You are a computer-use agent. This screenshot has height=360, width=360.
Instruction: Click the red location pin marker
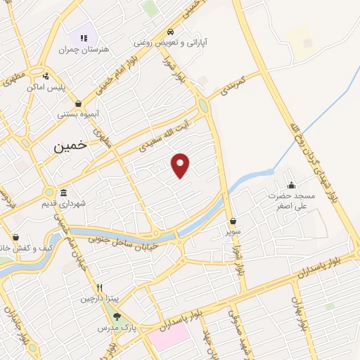(x=181, y=165)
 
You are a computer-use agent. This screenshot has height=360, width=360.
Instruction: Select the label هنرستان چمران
(x=76, y=50)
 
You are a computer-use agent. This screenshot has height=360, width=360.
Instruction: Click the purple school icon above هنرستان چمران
(x=84, y=38)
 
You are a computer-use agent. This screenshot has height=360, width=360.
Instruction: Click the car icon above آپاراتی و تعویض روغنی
(x=171, y=32)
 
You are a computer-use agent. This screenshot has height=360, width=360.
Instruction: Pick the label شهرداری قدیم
(x=82, y=203)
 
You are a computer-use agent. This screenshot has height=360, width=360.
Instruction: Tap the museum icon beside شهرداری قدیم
(x=63, y=193)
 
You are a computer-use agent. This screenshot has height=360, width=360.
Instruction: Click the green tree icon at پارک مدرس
(x=118, y=316)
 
